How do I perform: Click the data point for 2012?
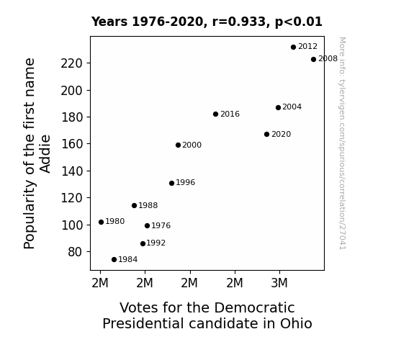pyautogui.click(x=293, y=48)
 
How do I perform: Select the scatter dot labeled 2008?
pyautogui.click(x=313, y=60)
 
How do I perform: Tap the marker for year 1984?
pyautogui.click(x=114, y=260)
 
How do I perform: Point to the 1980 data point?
pyautogui.click(x=101, y=222)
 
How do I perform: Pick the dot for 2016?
pyautogui.click(x=215, y=114)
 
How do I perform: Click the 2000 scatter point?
pyautogui.click(x=178, y=145)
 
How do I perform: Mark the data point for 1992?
pyautogui.click(x=143, y=244)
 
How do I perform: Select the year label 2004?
pyautogui.click(x=292, y=107)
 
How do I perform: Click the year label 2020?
pyautogui.click(x=282, y=134)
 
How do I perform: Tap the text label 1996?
pyautogui.click(x=185, y=182)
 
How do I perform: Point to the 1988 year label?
pyautogui.click(x=148, y=205)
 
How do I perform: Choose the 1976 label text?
pyautogui.click(x=161, y=225)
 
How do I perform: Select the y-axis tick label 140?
pyautogui.click(x=72, y=171)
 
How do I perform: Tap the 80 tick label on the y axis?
pyautogui.click(x=76, y=252)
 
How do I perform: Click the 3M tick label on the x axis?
pyautogui.click(x=279, y=283)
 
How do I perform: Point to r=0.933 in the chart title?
pyautogui.click(x=239, y=22)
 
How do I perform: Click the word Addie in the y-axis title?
pyautogui.click(x=45, y=153)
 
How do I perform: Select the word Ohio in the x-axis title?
pyautogui.click(x=296, y=323)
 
